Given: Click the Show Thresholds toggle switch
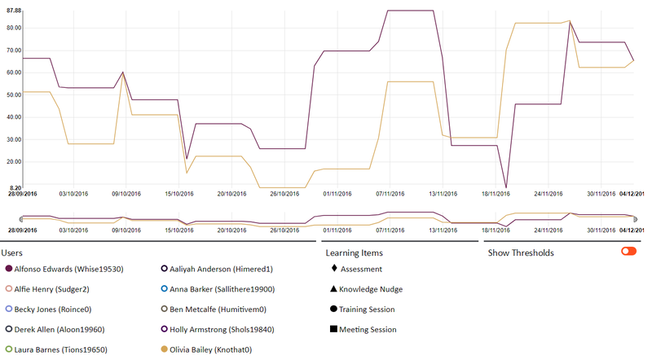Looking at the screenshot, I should point(628,252).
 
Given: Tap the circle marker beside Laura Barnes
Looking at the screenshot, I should point(9,350).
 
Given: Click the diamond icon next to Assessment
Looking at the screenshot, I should point(333,269).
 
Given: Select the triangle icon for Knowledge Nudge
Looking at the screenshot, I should point(333,289).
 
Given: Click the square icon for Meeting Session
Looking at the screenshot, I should point(333,330).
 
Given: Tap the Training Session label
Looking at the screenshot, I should point(368,310).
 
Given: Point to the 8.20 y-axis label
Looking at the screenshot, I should point(13,187).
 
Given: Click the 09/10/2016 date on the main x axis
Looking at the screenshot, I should point(126,194).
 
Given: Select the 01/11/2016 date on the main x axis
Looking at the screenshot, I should point(337,194).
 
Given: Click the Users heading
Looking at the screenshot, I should point(17,252).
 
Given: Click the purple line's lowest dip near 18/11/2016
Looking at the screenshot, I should point(506,188).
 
